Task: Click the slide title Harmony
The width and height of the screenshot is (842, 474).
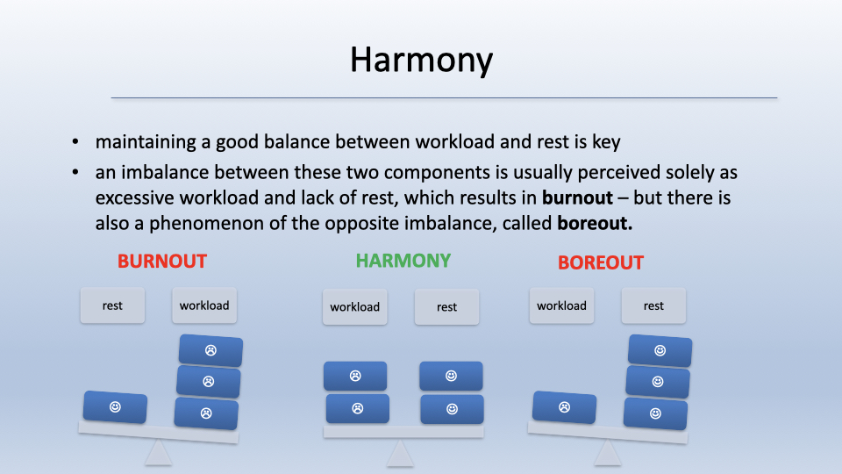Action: [x=422, y=60]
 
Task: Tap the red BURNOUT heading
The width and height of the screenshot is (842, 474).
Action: [x=162, y=262]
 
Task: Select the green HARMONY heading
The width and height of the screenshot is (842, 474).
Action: [x=403, y=261]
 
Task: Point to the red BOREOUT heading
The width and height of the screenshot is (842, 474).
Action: [x=600, y=262]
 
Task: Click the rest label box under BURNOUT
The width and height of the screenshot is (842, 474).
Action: [x=112, y=305]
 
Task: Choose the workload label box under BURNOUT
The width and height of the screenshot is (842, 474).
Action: [x=204, y=305]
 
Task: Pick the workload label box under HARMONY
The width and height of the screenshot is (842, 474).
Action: [x=354, y=307]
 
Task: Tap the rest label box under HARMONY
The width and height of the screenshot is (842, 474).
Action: [x=446, y=307]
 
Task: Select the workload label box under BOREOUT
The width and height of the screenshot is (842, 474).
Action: [x=561, y=305]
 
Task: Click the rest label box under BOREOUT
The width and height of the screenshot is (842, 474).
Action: [x=653, y=305]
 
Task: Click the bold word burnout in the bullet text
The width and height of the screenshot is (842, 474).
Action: [x=577, y=197]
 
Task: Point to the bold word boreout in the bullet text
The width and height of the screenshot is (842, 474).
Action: [x=595, y=223]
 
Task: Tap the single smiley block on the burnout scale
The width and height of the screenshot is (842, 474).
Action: [x=115, y=406]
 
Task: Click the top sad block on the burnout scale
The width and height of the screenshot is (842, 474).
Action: [x=210, y=350]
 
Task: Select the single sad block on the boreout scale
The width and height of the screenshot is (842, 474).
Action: [x=564, y=407]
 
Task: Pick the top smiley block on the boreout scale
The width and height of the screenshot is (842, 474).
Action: [x=660, y=350]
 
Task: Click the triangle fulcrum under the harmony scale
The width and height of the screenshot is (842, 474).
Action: [x=400, y=453]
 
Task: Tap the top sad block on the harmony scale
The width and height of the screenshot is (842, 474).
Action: [x=355, y=376]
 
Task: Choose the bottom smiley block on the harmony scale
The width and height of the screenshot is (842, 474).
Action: [x=453, y=409]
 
